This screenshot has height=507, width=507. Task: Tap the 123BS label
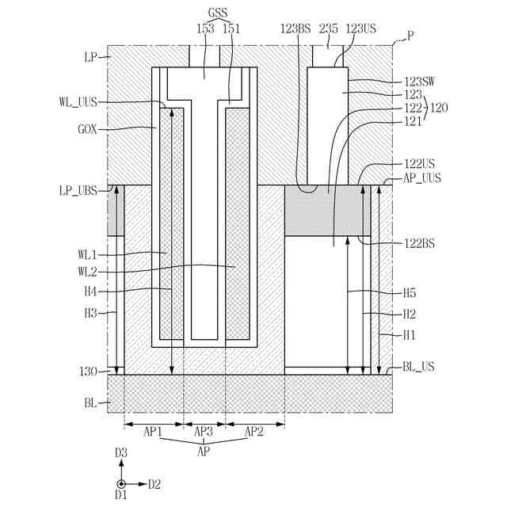coord(295,28)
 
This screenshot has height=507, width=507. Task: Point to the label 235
coord(328,28)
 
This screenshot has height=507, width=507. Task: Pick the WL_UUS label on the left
coord(77,101)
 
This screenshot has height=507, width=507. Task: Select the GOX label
coord(87,129)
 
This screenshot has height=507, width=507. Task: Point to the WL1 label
coord(86,254)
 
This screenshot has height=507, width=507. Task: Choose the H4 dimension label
coord(90,291)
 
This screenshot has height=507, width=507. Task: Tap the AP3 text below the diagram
coord(204,432)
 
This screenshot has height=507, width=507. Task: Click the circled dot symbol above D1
coord(120,483)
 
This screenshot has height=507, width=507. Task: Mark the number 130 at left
coord(87,372)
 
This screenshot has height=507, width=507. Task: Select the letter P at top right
coord(410,35)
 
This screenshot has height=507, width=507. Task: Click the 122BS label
coord(418,243)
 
